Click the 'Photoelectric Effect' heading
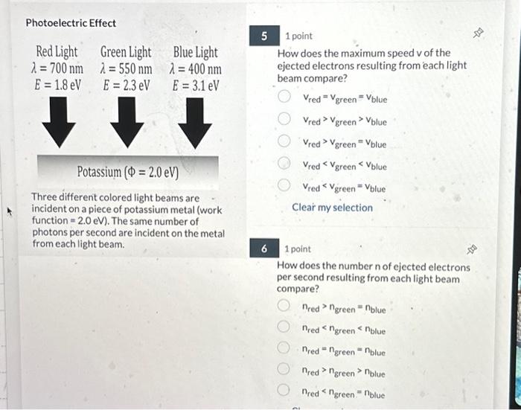[x=71, y=23]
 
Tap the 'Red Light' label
[x=57, y=52]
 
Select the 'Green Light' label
[x=125, y=52]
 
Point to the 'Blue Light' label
[x=195, y=52]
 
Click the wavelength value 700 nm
[x=57, y=68]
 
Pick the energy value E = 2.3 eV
[x=126, y=85]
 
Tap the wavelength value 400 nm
[x=196, y=68]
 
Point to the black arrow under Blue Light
[x=195, y=123]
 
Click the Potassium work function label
[x=127, y=173]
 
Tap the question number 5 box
[x=263, y=36]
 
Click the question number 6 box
[x=263, y=249]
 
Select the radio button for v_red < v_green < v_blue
[x=284, y=164]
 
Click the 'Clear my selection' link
[x=332, y=208]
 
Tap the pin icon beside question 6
[x=472, y=250]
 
